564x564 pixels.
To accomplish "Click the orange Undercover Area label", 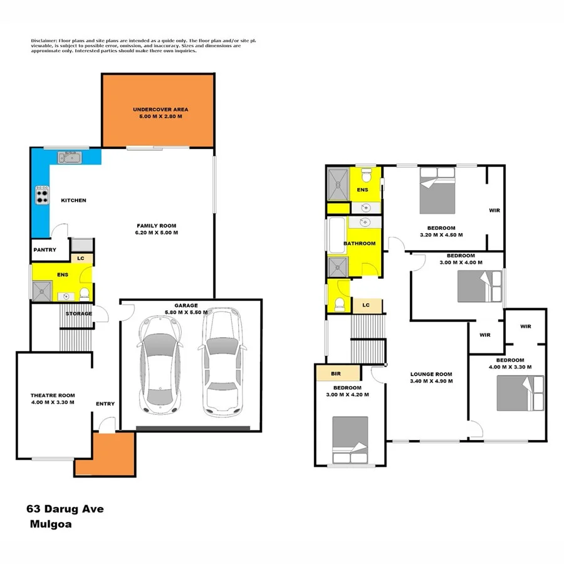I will point(160,113).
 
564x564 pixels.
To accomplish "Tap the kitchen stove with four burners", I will point(42,196).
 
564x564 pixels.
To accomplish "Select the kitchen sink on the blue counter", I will point(70,157).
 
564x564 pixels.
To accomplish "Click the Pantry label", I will point(44,250).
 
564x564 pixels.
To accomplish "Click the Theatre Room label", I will point(53,399).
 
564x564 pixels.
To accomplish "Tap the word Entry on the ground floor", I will point(105,404).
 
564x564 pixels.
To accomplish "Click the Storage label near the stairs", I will point(79,313).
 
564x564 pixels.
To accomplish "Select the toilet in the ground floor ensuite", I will point(85,293).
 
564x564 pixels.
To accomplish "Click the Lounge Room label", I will point(431,378).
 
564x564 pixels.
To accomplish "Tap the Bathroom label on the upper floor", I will point(360,243).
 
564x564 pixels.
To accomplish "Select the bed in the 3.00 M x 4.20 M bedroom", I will point(350,439).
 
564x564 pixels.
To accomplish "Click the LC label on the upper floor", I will point(366,305).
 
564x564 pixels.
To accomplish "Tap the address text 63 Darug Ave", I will point(65,509).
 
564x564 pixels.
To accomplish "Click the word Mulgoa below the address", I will point(50,525).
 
